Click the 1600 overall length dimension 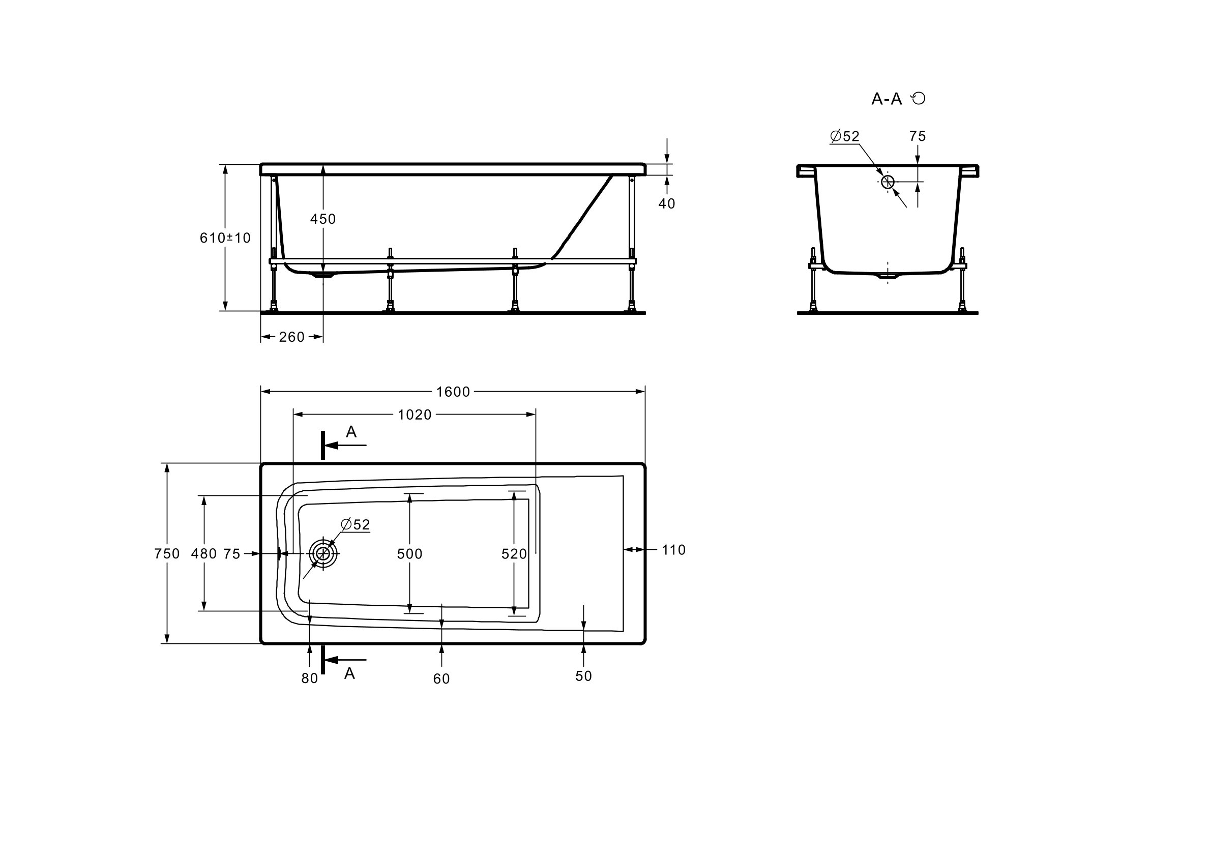pyautogui.click(x=453, y=392)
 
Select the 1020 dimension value pyautogui.click(x=415, y=415)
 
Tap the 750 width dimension pyautogui.click(x=167, y=554)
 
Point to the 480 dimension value pyautogui.click(x=203, y=554)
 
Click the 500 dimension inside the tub pyautogui.click(x=410, y=554)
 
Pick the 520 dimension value pyautogui.click(x=514, y=554)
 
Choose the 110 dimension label pyautogui.click(x=673, y=550)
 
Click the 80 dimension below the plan pyautogui.click(x=310, y=679)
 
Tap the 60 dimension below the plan pyautogui.click(x=441, y=679)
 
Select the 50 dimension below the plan pyautogui.click(x=583, y=676)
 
